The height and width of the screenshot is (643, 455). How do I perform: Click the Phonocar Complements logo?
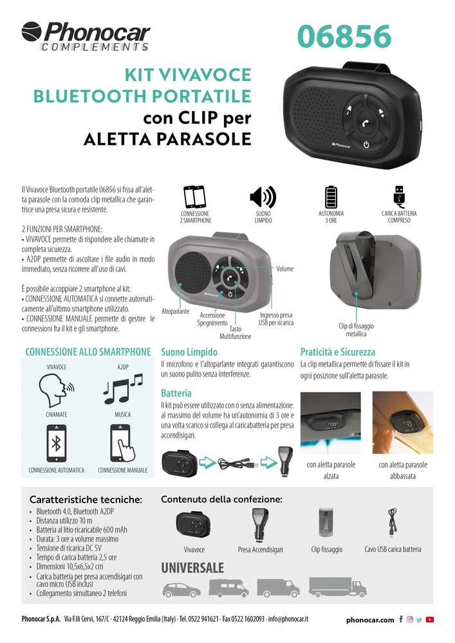click(x=86, y=37)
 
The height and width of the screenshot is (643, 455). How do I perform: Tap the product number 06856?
click(x=344, y=36)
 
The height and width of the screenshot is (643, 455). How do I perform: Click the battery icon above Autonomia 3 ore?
click(x=331, y=197)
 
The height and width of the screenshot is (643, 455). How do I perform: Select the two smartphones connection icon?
click(x=194, y=197)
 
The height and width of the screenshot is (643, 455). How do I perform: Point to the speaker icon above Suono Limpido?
click(x=263, y=197)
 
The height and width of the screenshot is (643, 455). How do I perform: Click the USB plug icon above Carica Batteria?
click(x=399, y=195)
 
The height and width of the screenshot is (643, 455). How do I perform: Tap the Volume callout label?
click(x=284, y=269)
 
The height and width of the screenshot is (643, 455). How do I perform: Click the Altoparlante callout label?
click(x=175, y=311)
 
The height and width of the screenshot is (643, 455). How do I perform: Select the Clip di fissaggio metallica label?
click(x=356, y=330)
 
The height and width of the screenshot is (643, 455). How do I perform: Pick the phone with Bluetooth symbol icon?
click(x=56, y=444)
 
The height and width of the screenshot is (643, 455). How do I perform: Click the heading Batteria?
click(x=176, y=394)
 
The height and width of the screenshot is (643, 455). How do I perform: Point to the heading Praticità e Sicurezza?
click(x=338, y=352)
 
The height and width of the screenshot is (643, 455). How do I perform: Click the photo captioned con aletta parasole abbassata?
click(x=402, y=422)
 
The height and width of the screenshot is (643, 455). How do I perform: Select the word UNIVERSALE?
click(x=192, y=568)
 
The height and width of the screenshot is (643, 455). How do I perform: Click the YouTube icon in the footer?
click(x=429, y=619)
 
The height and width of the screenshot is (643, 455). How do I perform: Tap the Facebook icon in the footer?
click(x=401, y=619)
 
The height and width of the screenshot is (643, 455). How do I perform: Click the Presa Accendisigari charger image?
click(x=260, y=525)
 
